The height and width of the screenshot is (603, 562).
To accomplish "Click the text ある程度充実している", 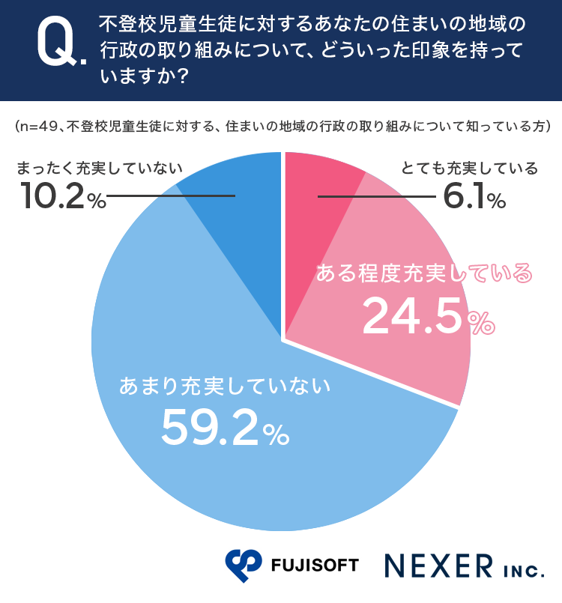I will click(x=423, y=274).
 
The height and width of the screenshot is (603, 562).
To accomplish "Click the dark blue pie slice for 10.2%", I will click(x=240, y=225).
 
